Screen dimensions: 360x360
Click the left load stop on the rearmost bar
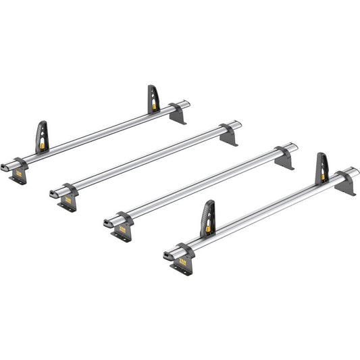pos(42,136)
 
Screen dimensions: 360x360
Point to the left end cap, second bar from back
pos(54,195)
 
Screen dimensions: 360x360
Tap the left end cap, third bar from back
pos(108,222)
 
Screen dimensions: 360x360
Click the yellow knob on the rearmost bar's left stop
pos(44,144)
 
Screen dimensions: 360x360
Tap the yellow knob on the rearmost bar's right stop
pos(155,107)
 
